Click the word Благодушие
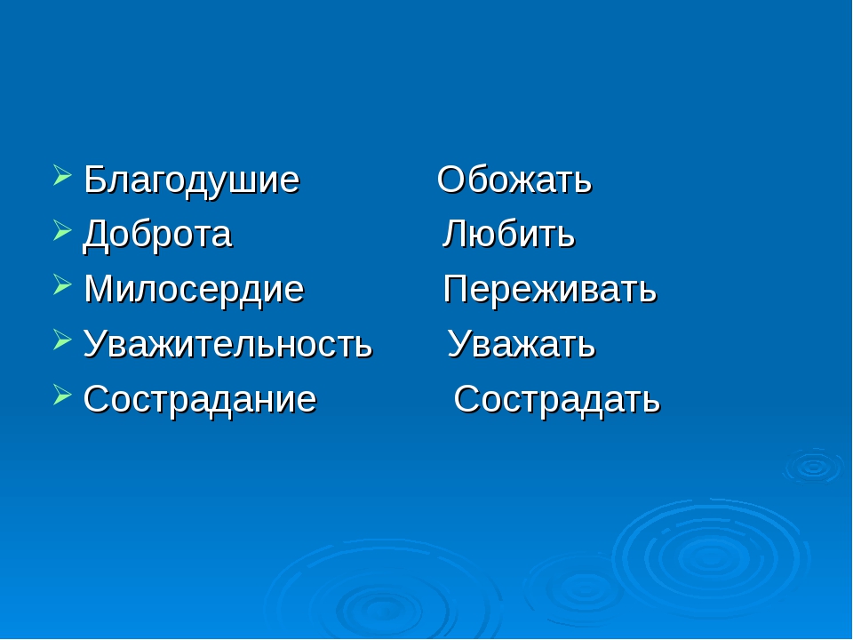(x=192, y=180)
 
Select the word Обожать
(x=514, y=180)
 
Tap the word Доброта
(x=157, y=235)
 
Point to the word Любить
(x=508, y=234)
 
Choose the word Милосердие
(x=194, y=290)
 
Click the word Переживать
(x=550, y=290)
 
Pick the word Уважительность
(x=227, y=344)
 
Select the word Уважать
(x=522, y=344)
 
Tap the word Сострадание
(x=200, y=399)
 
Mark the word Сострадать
(x=556, y=400)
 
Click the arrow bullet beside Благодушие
(x=62, y=176)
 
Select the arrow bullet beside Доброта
(x=62, y=230)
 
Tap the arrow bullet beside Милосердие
(x=62, y=284)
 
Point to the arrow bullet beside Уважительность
(x=62, y=340)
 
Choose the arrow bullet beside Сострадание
(x=62, y=394)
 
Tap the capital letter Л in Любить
(x=454, y=234)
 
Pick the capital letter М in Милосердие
(x=98, y=288)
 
